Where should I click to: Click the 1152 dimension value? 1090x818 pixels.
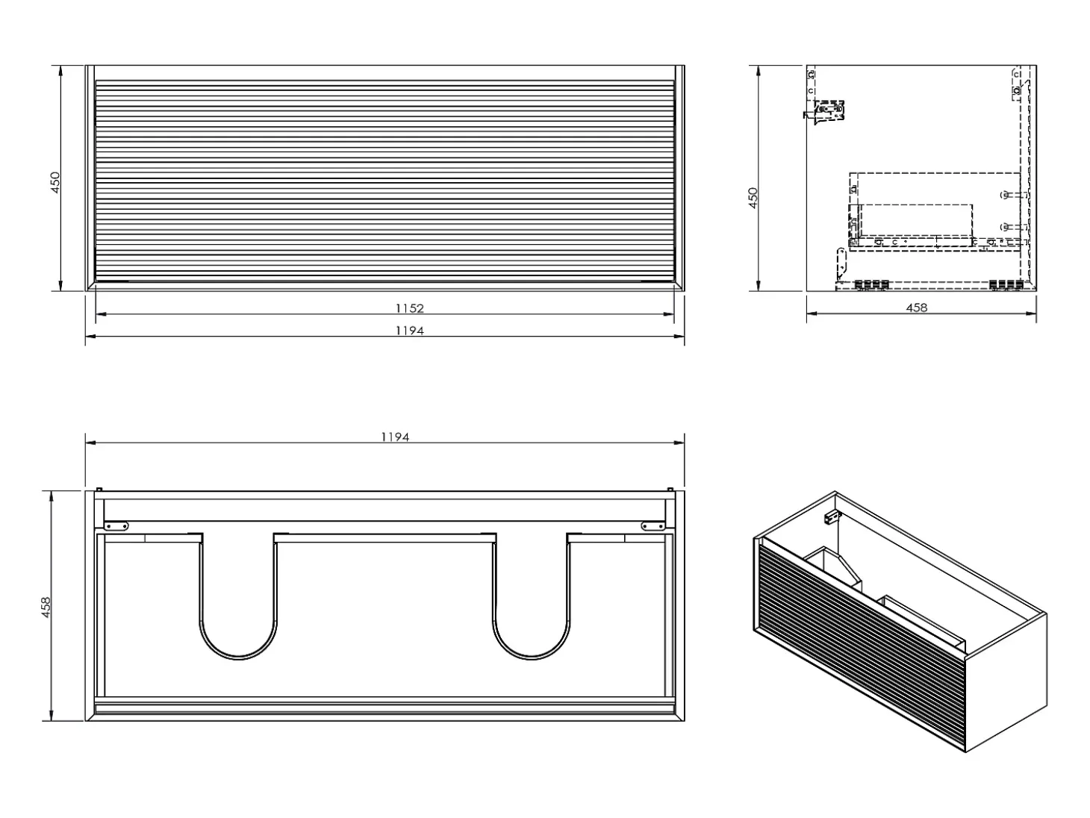point(410,308)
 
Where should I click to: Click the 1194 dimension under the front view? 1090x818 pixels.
point(410,331)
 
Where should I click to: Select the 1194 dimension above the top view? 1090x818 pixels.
point(395,437)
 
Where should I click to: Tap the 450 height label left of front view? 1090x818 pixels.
point(55,182)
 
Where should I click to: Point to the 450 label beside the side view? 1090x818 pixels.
point(753,198)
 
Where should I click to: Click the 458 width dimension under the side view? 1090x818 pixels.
point(917,307)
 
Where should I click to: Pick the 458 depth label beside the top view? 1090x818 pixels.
point(46,607)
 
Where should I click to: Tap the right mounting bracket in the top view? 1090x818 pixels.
point(653,525)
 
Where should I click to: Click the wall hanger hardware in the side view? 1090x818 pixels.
point(824,112)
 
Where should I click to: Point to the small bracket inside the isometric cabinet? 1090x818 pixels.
point(830,518)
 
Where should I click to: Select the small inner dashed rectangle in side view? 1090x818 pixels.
point(916,220)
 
